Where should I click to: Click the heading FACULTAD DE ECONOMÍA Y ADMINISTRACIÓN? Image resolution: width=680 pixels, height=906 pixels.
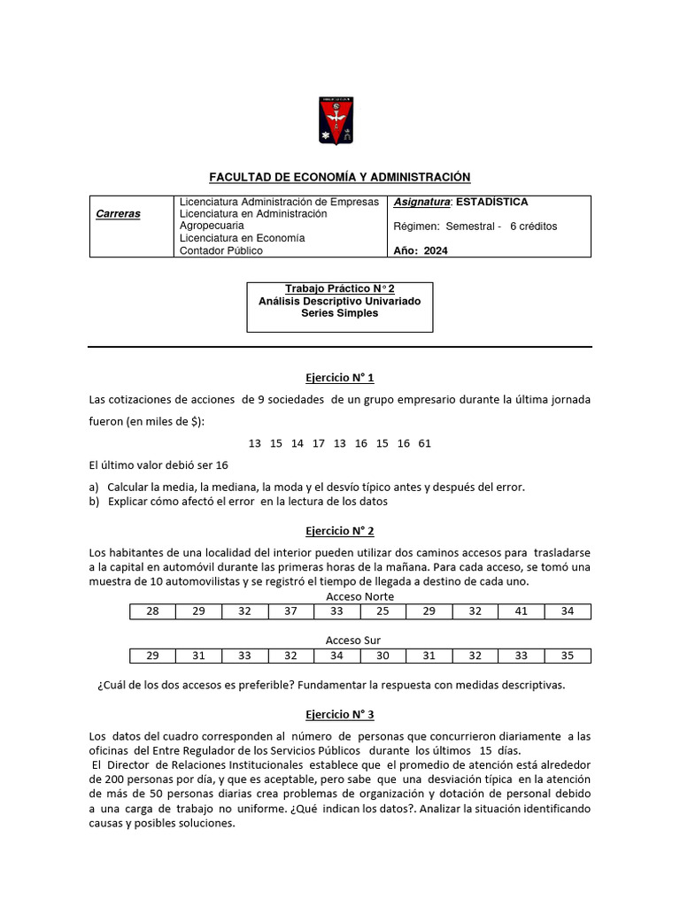coord(339,177)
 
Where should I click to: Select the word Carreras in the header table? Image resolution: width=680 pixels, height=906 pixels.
coord(119,214)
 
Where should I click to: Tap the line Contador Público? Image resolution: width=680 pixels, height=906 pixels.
coord(220,250)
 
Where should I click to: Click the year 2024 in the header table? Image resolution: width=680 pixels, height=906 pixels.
coord(436,250)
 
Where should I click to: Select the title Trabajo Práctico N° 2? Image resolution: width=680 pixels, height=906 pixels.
coord(339,289)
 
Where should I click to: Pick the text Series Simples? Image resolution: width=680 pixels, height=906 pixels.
coord(339,313)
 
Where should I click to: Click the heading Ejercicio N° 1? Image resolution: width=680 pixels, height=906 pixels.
coord(339,378)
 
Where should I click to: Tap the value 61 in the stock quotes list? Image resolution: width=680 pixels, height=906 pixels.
coord(424,443)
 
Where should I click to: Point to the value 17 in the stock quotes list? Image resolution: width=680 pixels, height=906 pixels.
coord(319,443)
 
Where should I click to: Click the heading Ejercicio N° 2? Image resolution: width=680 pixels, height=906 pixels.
coord(339,531)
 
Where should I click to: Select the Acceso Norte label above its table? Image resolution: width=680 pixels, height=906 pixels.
coord(360,596)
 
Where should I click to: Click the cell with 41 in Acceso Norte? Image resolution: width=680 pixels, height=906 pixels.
coord(522,611)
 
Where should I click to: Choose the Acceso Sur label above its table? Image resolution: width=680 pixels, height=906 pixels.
coord(352,640)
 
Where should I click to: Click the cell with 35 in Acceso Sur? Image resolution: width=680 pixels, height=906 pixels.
coord(568,656)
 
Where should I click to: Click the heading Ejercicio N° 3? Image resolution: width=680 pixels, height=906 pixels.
coord(339,714)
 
